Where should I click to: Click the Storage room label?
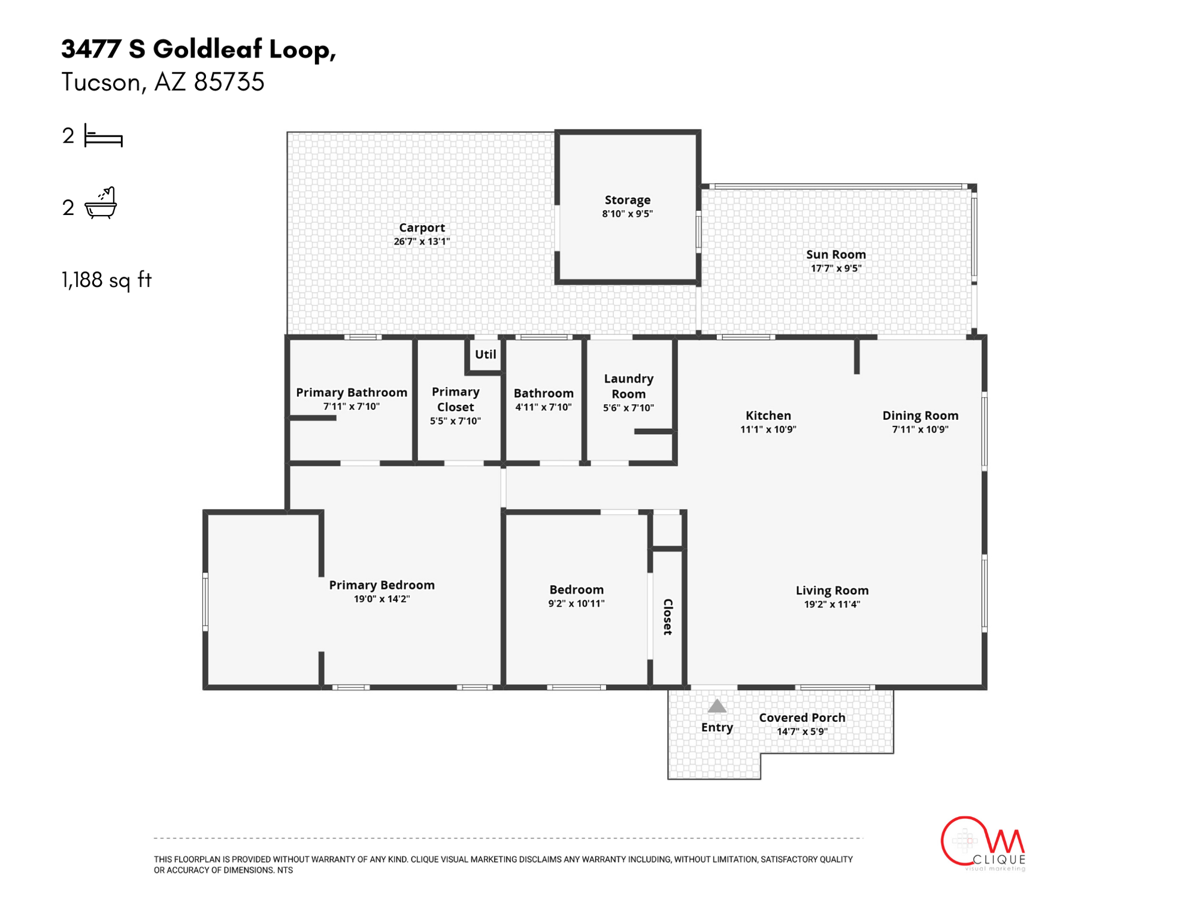pos(627,200)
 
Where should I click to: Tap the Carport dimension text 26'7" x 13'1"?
pos(422,241)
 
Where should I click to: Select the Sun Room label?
pos(835,255)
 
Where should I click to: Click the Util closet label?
pos(485,355)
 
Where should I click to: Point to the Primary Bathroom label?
pos(352,392)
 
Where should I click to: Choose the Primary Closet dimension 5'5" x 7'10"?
pos(455,421)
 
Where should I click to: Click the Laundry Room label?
pos(628,386)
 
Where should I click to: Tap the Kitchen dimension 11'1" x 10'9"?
pos(768,429)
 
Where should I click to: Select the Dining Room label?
pos(920,416)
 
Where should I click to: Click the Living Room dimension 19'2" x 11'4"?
pos(832,604)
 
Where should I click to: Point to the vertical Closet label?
pos(668,616)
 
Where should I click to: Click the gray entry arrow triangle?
pos(717,707)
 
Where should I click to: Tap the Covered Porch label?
pos(802,718)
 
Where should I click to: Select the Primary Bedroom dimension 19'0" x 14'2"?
pos(381,599)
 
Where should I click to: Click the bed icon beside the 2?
pos(103,136)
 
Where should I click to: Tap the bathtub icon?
pos(101,204)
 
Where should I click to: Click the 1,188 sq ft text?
pos(107,280)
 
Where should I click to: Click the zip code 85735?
pos(229,82)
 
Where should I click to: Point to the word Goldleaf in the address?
pos(207,49)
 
